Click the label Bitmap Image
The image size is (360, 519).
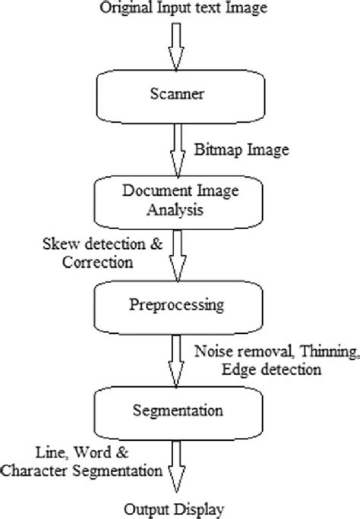point(242,150)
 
